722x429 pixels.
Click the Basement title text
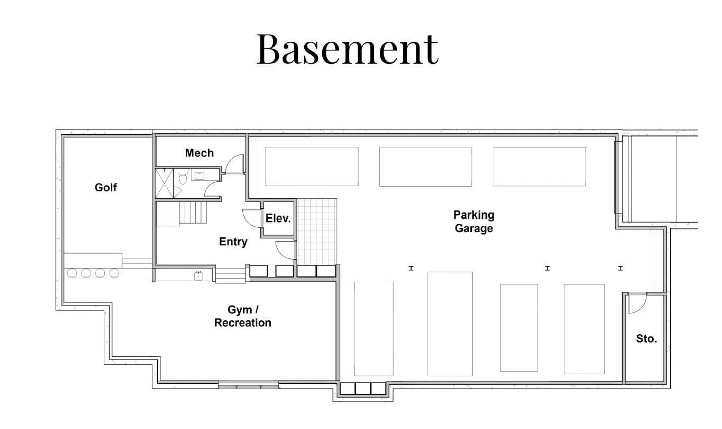[x=347, y=49]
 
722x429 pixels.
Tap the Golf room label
[x=106, y=187]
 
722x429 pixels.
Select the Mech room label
[x=199, y=153]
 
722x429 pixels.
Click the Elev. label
[x=278, y=218]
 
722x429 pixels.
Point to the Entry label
[x=233, y=242]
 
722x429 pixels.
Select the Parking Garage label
[x=473, y=222]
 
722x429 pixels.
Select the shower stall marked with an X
[x=164, y=183]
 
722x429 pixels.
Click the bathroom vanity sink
[x=199, y=175]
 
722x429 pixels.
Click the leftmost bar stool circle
[x=72, y=273]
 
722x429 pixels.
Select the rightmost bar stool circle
[x=114, y=273]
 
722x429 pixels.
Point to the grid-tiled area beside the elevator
[x=317, y=231]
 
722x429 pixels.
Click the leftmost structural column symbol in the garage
[x=411, y=268]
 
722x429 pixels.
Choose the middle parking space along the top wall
[x=425, y=167]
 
